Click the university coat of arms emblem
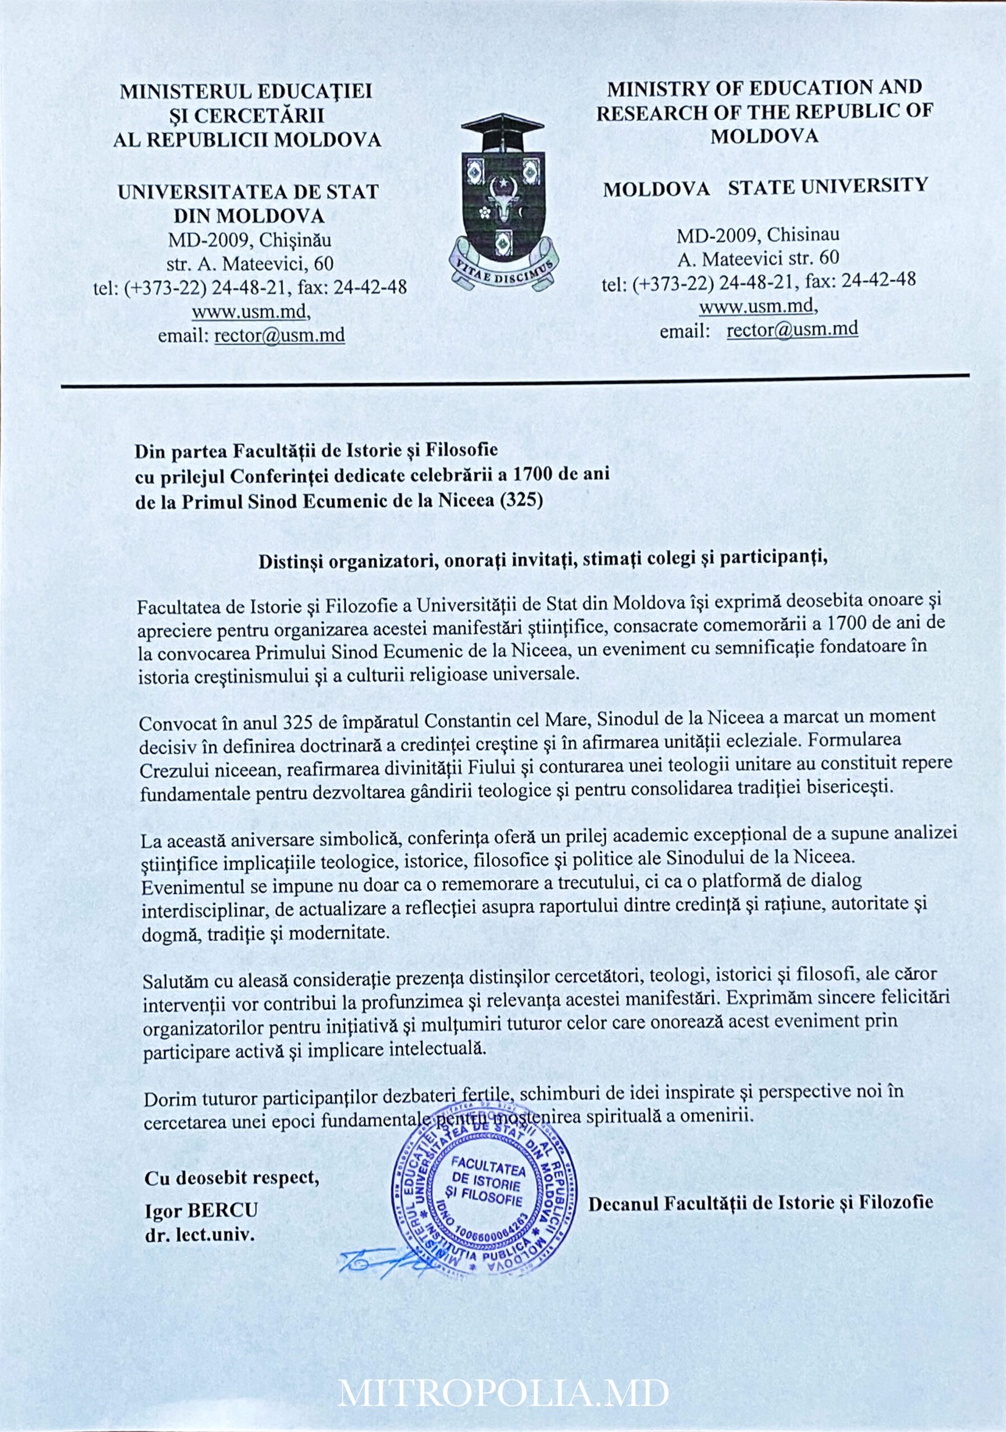(x=503, y=200)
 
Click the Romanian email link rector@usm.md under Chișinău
(x=280, y=336)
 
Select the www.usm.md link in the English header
(x=757, y=306)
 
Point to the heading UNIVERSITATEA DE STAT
(x=248, y=191)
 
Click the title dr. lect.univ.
(x=200, y=1236)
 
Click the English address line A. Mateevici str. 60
(x=758, y=257)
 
